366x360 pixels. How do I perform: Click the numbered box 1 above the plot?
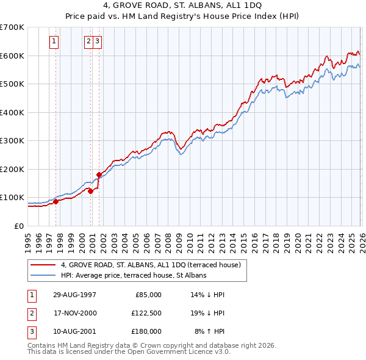pyautogui.click(x=54, y=41)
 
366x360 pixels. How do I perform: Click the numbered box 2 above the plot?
pyautogui.click(x=88, y=41)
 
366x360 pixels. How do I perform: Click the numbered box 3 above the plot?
pyautogui.click(x=98, y=41)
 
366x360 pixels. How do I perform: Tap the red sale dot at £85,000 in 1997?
pyautogui.click(x=56, y=201)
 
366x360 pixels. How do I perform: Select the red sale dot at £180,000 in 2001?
pyautogui.click(x=98, y=175)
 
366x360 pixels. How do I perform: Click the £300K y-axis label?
pyautogui.click(x=12, y=140)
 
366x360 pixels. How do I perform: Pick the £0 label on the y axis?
pyautogui.click(x=20, y=226)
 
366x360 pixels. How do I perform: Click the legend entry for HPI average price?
pyautogui.click(x=134, y=275)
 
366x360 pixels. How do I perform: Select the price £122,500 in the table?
pyautogui.click(x=146, y=313)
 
